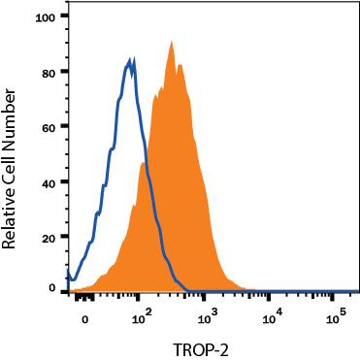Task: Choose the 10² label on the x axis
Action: point(140,314)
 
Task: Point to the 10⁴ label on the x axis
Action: point(272,314)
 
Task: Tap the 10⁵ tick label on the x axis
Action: point(337,314)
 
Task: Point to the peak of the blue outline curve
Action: point(132,59)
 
